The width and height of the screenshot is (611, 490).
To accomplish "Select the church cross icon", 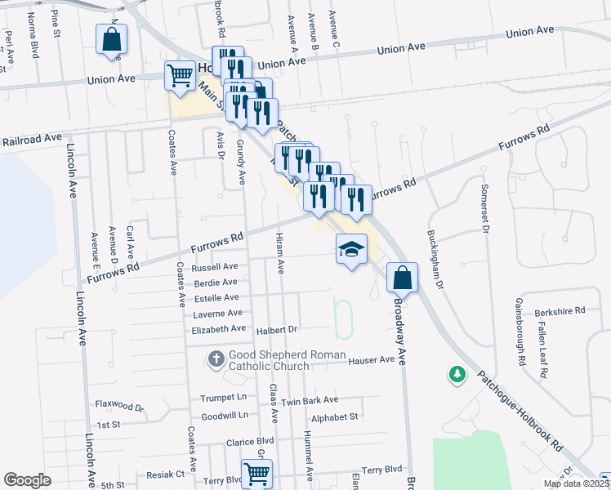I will point(216,358).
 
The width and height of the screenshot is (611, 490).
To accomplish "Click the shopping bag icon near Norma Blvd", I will point(111,40).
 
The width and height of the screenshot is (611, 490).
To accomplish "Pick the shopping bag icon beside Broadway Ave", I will point(402,278).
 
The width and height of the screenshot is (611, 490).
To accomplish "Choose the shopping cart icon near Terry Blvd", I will point(257,473).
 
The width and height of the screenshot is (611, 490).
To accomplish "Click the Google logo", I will point(27,479).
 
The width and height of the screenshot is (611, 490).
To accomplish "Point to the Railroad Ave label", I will point(32,140).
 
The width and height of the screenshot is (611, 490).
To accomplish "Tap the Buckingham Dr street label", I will point(435,260).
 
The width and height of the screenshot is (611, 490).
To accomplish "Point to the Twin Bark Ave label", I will point(310,400).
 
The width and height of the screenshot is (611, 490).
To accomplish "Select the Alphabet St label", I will point(335,416).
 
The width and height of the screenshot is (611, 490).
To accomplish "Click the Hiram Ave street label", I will point(280,250).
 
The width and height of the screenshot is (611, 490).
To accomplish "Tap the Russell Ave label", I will point(214,267).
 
